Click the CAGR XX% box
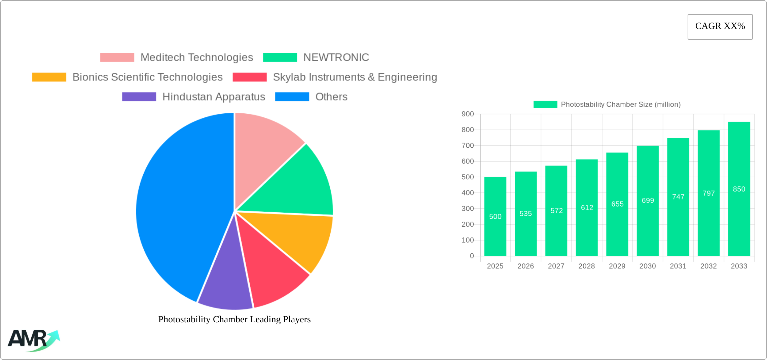click(x=720, y=27)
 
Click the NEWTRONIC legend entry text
click(x=336, y=58)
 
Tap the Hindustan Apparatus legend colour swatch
click(x=139, y=97)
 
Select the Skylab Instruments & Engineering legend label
click(x=355, y=77)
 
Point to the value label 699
click(x=648, y=201)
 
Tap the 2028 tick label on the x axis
click(x=587, y=266)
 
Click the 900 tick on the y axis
click(x=468, y=114)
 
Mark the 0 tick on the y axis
click(x=472, y=256)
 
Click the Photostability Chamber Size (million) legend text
click(x=621, y=105)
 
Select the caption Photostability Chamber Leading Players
click(x=234, y=319)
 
